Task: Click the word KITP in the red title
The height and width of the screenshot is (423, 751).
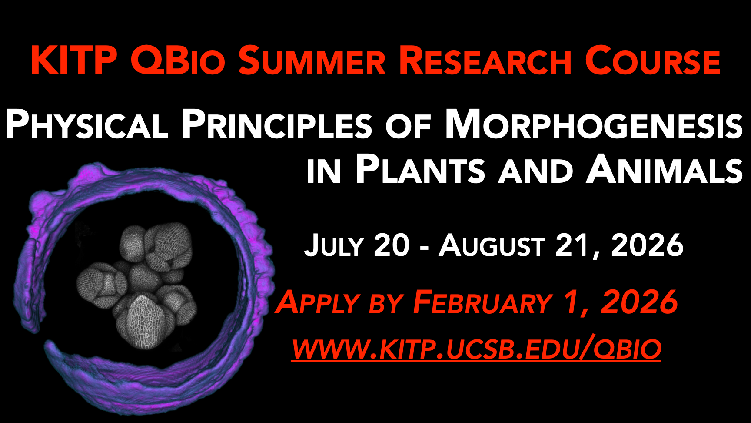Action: pyautogui.click(x=74, y=60)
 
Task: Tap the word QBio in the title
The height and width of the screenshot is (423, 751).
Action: pyautogui.click(x=178, y=60)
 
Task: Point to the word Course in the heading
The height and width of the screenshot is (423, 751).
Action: pyautogui.click(x=652, y=60)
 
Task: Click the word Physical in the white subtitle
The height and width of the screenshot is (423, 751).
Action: pyautogui.click(x=86, y=124)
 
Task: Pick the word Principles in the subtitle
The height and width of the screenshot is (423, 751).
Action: pyautogui.click(x=277, y=124)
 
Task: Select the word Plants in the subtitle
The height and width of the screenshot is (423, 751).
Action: pyautogui.click(x=420, y=169)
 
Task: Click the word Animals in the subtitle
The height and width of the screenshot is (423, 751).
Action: pyautogui.click(x=665, y=169)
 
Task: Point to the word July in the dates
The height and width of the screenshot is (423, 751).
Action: pyautogui.click(x=334, y=245)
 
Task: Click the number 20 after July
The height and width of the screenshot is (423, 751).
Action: pyautogui.click(x=392, y=245)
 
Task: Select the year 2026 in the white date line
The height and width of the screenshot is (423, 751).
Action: pyautogui.click(x=647, y=245)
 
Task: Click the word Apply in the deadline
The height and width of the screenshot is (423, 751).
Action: pyautogui.click(x=318, y=303)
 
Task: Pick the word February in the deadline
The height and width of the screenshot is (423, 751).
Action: pyautogui.click(x=482, y=302)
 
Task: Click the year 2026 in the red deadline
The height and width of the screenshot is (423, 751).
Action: pyautogui.click(x=639, y=302)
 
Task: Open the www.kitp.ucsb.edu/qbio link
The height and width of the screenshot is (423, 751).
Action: pyautogui.click(x=476, y=349)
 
